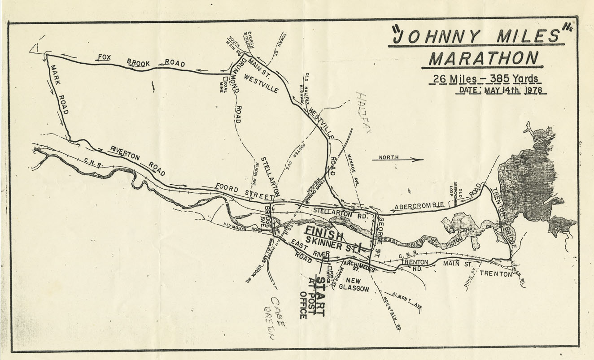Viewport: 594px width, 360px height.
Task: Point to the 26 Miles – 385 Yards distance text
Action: pos(485,79)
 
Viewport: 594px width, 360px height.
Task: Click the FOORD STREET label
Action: pos(244,192)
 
